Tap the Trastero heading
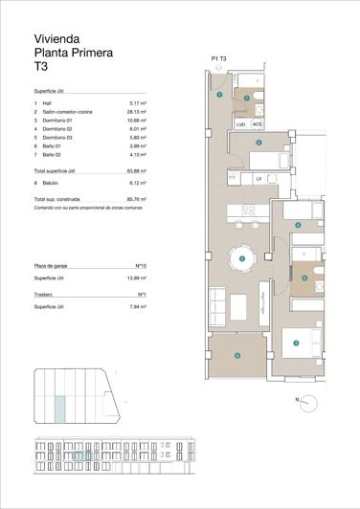click(x=44, y=295)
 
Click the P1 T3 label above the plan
click(x=221, y=59)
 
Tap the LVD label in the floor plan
click(x=240, y=123)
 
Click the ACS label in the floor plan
click(x=257, y=123)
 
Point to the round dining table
click(x=242, y=258)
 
